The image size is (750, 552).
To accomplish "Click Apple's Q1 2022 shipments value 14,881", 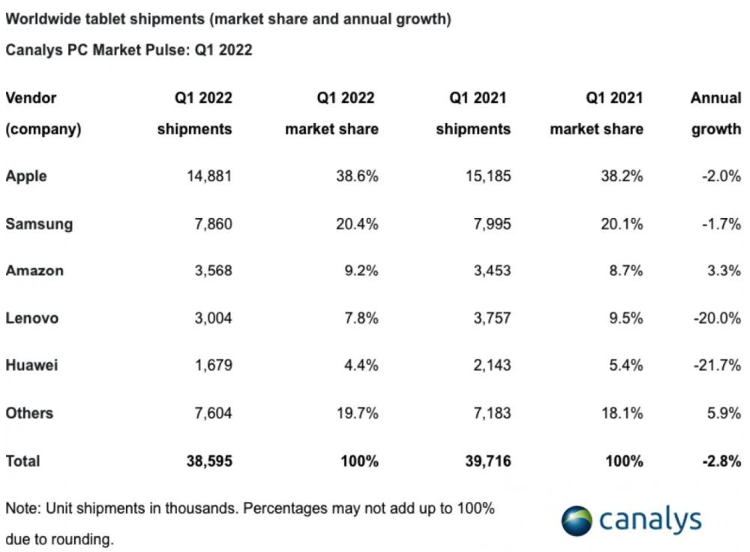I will [x=208, y=177].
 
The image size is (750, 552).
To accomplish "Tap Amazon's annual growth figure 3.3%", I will [x=723, y=271].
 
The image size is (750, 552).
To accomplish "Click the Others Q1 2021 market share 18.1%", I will [x=622, y=413].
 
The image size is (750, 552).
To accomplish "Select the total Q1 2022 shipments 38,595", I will [x=208, y=461].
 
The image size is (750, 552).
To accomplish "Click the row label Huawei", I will [x=31, y=366].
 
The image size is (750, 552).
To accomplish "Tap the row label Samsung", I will [x=39, y=224].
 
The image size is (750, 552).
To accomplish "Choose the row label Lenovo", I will [x=32, y=318].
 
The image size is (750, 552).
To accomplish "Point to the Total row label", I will [x=22, y=461].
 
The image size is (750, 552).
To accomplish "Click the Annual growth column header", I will [x=715, y=113].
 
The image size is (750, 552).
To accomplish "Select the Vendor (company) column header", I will [x=43, y=113].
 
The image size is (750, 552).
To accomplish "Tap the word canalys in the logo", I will [x=649, y=520].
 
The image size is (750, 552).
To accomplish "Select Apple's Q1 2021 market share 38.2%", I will [x=622, y=177].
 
